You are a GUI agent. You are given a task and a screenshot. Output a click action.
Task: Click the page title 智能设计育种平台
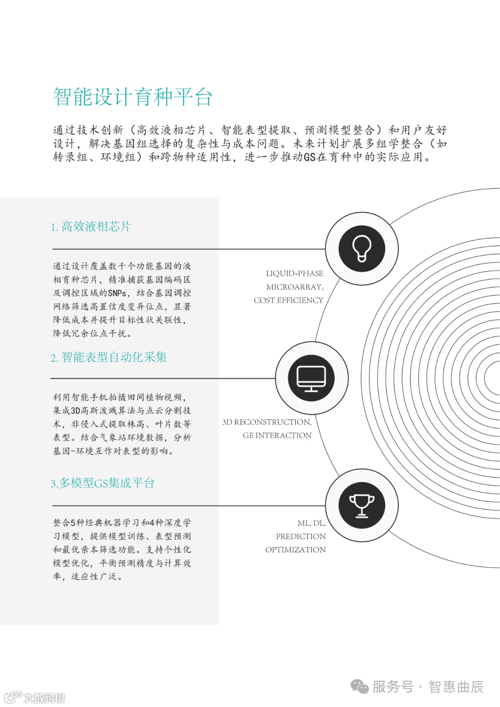tap(132, 97)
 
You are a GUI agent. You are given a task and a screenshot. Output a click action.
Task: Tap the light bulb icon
tap(362, 249)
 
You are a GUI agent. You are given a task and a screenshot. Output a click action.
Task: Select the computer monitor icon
tap(312, 378)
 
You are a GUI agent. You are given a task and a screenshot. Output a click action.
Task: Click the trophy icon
tap(362, 505)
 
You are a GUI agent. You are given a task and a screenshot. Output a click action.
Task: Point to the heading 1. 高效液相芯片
tap(91, 226)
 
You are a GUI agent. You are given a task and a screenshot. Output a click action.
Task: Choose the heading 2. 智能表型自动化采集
tap(109, 357)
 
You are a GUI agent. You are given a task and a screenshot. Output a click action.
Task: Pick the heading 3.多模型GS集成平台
tap(103, 483)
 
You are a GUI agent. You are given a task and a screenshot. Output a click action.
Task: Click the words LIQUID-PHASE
tap(294, 274)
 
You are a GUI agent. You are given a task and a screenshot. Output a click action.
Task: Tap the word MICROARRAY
tap(294, 287)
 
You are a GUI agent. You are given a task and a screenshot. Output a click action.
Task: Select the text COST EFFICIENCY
tap(288, 300)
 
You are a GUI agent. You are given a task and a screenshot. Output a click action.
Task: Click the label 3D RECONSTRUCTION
tap(267, 422)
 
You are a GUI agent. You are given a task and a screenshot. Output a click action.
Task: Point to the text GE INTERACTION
tap(277, 436)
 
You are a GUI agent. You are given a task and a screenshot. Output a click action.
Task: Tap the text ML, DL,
tap(311, 523)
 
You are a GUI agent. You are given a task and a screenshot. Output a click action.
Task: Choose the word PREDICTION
tap(300, 537)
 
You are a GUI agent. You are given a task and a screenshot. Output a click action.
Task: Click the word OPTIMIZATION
tap(295, 550)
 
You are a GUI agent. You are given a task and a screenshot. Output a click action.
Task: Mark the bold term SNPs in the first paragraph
tap(117, 293)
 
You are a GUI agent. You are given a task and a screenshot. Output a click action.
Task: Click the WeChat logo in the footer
tap(359, 686)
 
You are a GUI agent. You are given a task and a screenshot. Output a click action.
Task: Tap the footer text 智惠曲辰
tap(456, 687)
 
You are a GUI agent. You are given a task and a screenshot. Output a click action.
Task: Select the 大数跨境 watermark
tap(44, 698)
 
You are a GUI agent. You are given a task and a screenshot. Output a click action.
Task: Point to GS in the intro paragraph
tap(309, 157)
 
